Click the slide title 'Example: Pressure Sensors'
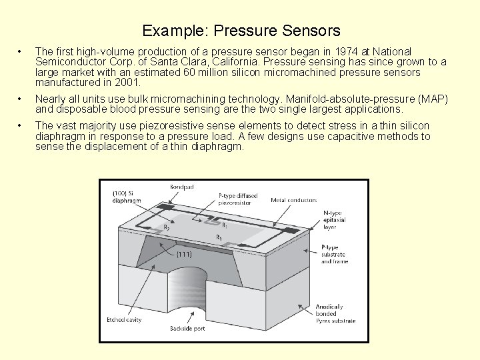coord(241,31)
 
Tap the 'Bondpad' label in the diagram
coord(181,187)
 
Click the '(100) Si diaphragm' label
coord(126,198)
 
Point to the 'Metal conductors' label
coord(293,200)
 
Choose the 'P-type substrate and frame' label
coord(335,254)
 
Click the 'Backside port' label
coord(187,329)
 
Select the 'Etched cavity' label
coord(125,319)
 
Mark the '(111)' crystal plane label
coord(185,254)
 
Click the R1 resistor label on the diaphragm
coord(225,226)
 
